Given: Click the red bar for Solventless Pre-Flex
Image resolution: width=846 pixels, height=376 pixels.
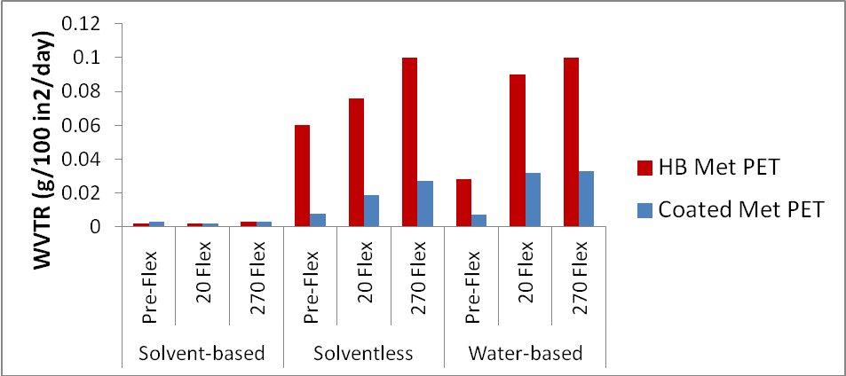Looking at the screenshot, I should [x=303, y=176].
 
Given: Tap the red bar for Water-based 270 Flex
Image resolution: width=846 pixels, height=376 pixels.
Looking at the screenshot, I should [x=572, y=142].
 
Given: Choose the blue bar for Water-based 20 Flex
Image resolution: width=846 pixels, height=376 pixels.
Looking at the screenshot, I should [x=534, y=200].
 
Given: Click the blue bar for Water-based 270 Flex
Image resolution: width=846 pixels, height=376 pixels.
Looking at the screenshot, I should [x=588, y=199].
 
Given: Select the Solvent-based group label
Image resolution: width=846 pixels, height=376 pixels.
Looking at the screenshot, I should [x=202, y=354].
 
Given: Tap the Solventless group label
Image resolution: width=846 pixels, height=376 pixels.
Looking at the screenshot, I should [x=364, y=354].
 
